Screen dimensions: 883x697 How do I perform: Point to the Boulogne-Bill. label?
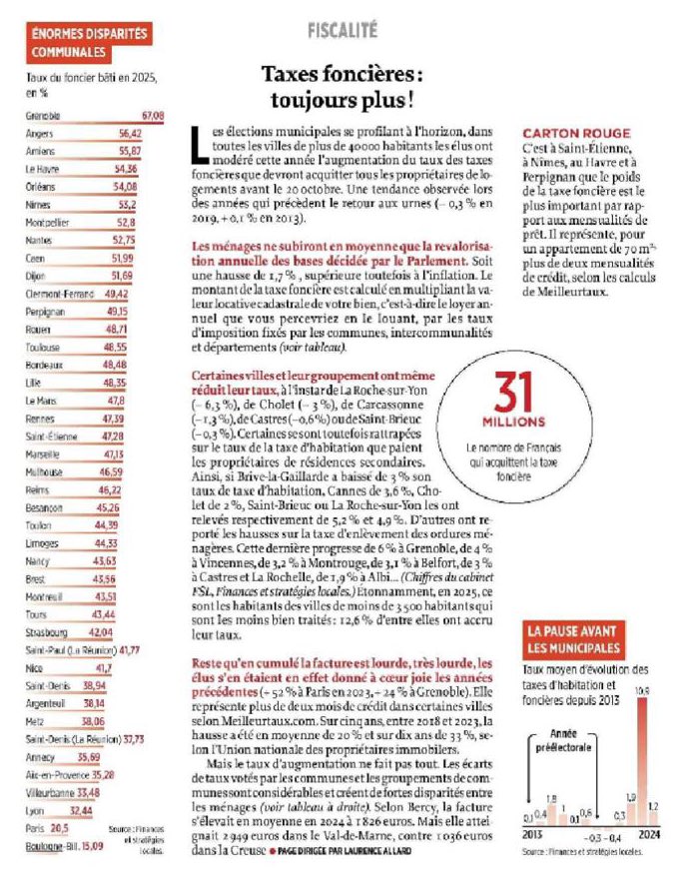[50, 846]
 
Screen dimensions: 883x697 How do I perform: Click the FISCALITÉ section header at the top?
[342, 30]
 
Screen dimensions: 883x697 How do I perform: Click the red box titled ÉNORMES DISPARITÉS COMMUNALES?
[89, 42]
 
